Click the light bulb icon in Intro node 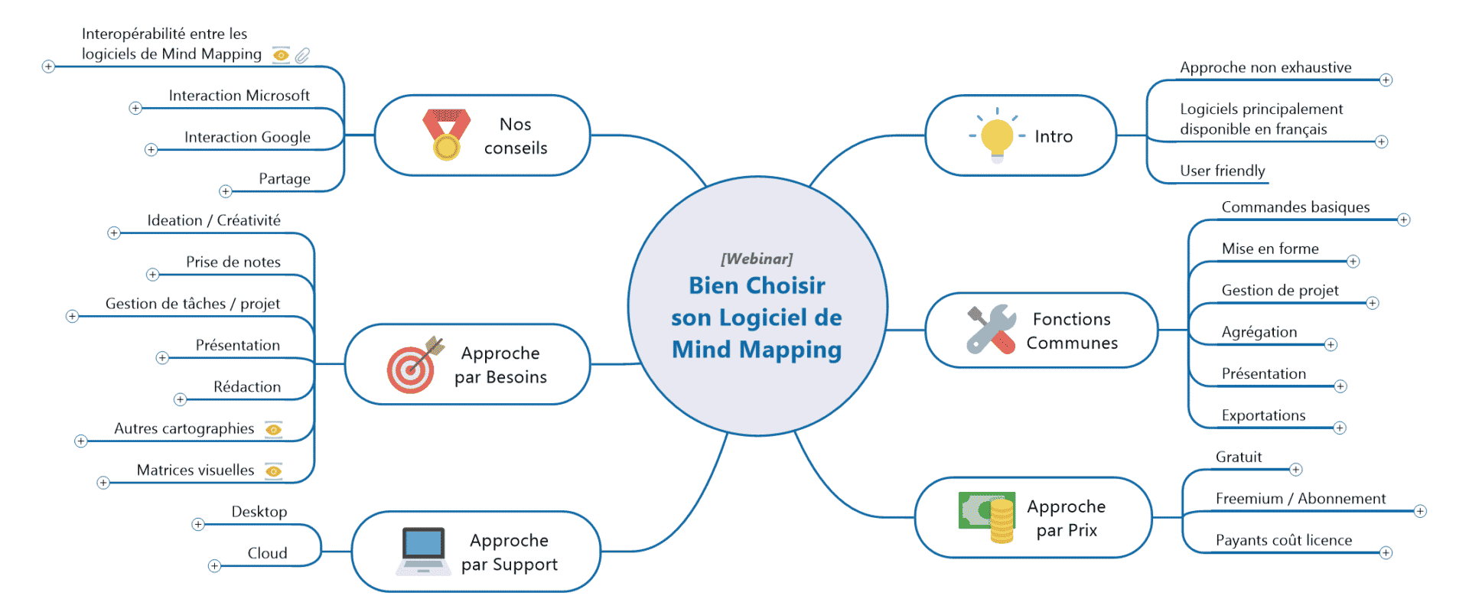[x=996, y=138]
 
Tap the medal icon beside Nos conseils [x=446, y=135]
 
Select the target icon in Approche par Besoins [x=414, y=365]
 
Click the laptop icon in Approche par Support [x=423, y=551]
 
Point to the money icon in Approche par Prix [x=988, y=516]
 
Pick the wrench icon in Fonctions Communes [x=992, y=330]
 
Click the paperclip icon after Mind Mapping [x=303, y=55]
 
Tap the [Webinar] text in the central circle [x=757, y=259]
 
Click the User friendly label [x=1222, y=171]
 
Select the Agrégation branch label [x=1259, y=332]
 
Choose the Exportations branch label [x=1263, y=415]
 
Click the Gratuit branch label [x=1239, y=457]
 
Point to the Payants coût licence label [x=1283, y=540]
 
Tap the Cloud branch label [x=267, y=553]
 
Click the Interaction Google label [x=247, y=137]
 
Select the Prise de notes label [x=233, y=262]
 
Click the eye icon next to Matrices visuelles [x=273, y=470]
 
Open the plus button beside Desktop [x=198, y=524]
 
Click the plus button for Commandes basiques [x=1403, y=220]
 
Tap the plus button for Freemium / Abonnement [x=1420, y=511]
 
